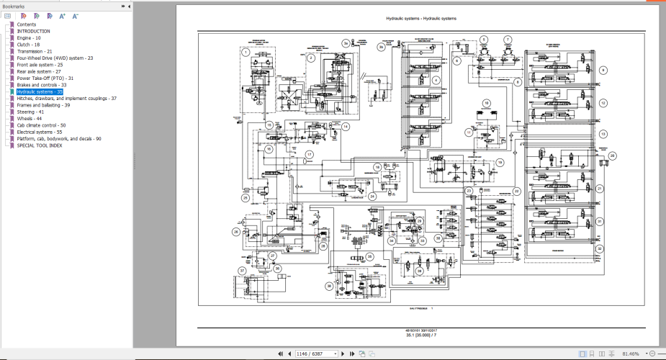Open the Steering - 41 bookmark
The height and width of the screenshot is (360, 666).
click(30, 112)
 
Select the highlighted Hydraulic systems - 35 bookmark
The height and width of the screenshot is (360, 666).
click(40, 92)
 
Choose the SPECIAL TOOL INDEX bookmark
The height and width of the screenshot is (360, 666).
click(40, 145)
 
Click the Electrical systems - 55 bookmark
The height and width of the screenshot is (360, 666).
click(40, 132)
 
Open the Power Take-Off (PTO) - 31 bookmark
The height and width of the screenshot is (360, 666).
click(45, 78)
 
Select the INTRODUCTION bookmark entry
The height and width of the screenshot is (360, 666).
click(34, 31)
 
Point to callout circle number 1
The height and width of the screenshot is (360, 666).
click(246, 52)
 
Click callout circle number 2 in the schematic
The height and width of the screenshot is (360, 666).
click(310, 58)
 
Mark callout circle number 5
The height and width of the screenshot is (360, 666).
click(483, 40)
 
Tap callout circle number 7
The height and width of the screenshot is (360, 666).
click(508, 40)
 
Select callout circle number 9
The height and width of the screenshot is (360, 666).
click(603, 71)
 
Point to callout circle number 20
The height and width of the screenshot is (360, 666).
click(612, 155)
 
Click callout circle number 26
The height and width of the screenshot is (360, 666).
click(235, 232)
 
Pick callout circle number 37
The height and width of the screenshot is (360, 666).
click(243, 271)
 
